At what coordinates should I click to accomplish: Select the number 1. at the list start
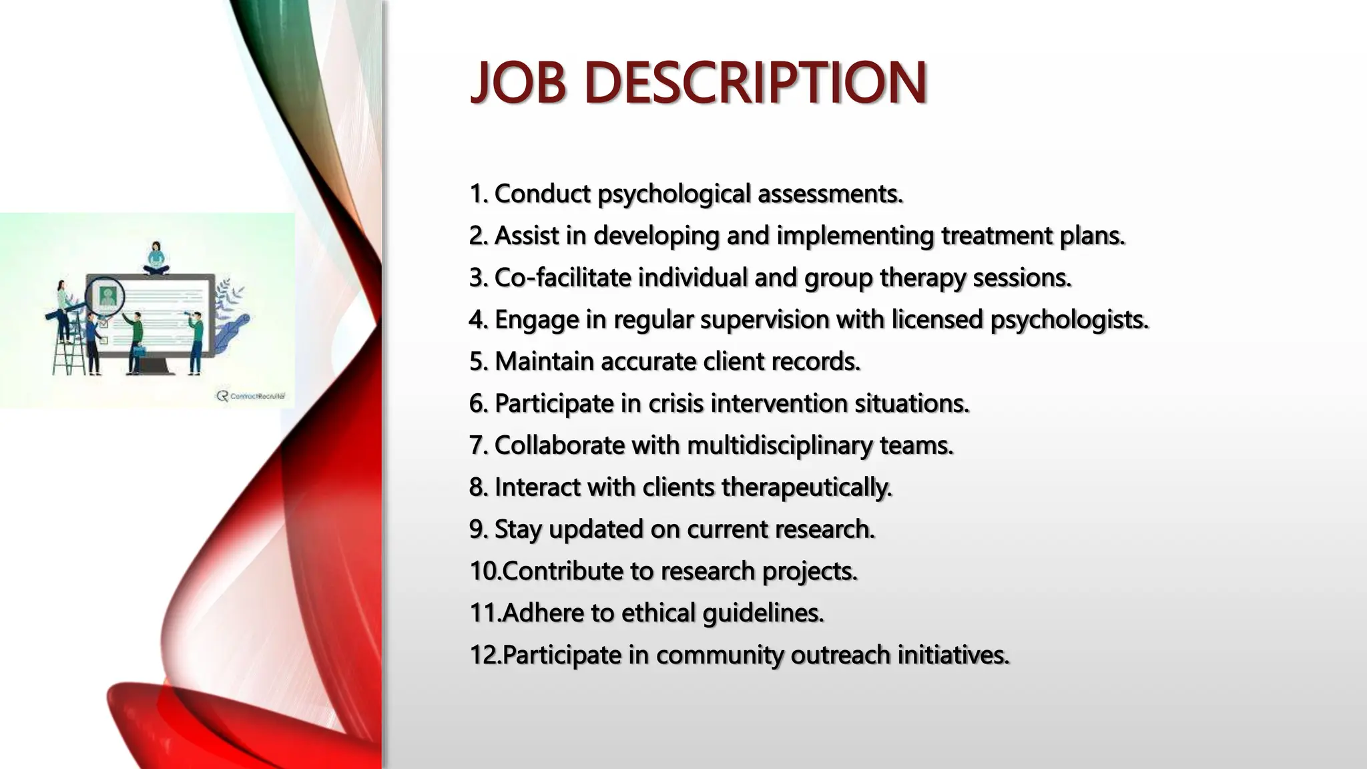[479, 194]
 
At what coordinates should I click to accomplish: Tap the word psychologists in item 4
[1069, 320]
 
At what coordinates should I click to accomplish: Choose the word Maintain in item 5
[544, 361]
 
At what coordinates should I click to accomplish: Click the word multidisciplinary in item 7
[779, 445]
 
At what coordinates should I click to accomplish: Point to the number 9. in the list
[479, 529]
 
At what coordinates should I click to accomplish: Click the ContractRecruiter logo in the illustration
[252, 396]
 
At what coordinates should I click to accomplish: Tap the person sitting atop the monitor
[156, 258]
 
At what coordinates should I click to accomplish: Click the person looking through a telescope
[195, 340]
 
